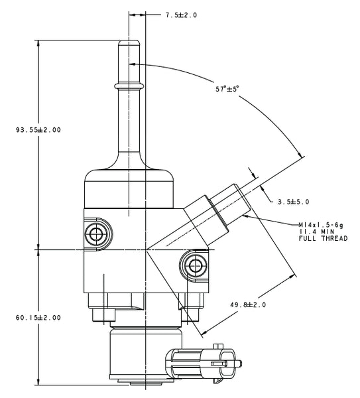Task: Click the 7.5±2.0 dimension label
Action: [x=181, y=15]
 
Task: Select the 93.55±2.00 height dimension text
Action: [x=38, y=130]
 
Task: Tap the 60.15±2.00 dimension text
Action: [x=38, y=318]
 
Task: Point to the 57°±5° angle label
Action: [x=227, y=89]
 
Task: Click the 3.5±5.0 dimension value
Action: [x=294, y=202]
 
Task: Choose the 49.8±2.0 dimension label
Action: [x=248, y=304]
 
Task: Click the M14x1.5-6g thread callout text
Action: [x=321, y=225]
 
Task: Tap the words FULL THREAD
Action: [x=323, y=238]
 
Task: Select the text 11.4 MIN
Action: [x=317, y=232]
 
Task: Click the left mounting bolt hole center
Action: [x=96, y=233]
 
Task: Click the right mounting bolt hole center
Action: [x=196, y=265]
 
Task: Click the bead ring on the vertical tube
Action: [x=129, y=86]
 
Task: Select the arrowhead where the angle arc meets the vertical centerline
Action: [x=133, y=64]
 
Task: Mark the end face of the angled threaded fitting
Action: [x=243, y=197]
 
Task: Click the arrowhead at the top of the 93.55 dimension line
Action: [x=38, y=43]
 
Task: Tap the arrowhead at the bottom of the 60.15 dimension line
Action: [x=38, y=381]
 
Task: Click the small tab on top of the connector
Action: [x=218, y=346]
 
